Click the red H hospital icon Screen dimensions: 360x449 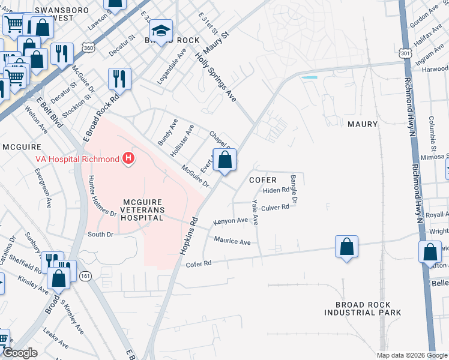128,159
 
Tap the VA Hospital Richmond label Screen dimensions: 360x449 77,159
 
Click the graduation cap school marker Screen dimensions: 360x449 161,31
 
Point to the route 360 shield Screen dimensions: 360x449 89,48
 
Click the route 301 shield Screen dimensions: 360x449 405,53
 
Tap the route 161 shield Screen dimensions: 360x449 85,276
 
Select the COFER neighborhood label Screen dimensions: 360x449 263,180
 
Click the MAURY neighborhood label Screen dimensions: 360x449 363,124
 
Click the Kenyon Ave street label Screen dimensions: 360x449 231,221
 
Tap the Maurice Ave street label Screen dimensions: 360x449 232,241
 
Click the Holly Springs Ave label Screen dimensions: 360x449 216,76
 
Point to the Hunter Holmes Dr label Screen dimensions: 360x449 101,196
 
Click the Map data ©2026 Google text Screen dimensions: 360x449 411,355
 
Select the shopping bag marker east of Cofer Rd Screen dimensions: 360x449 346,247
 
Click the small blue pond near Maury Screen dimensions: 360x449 309,77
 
